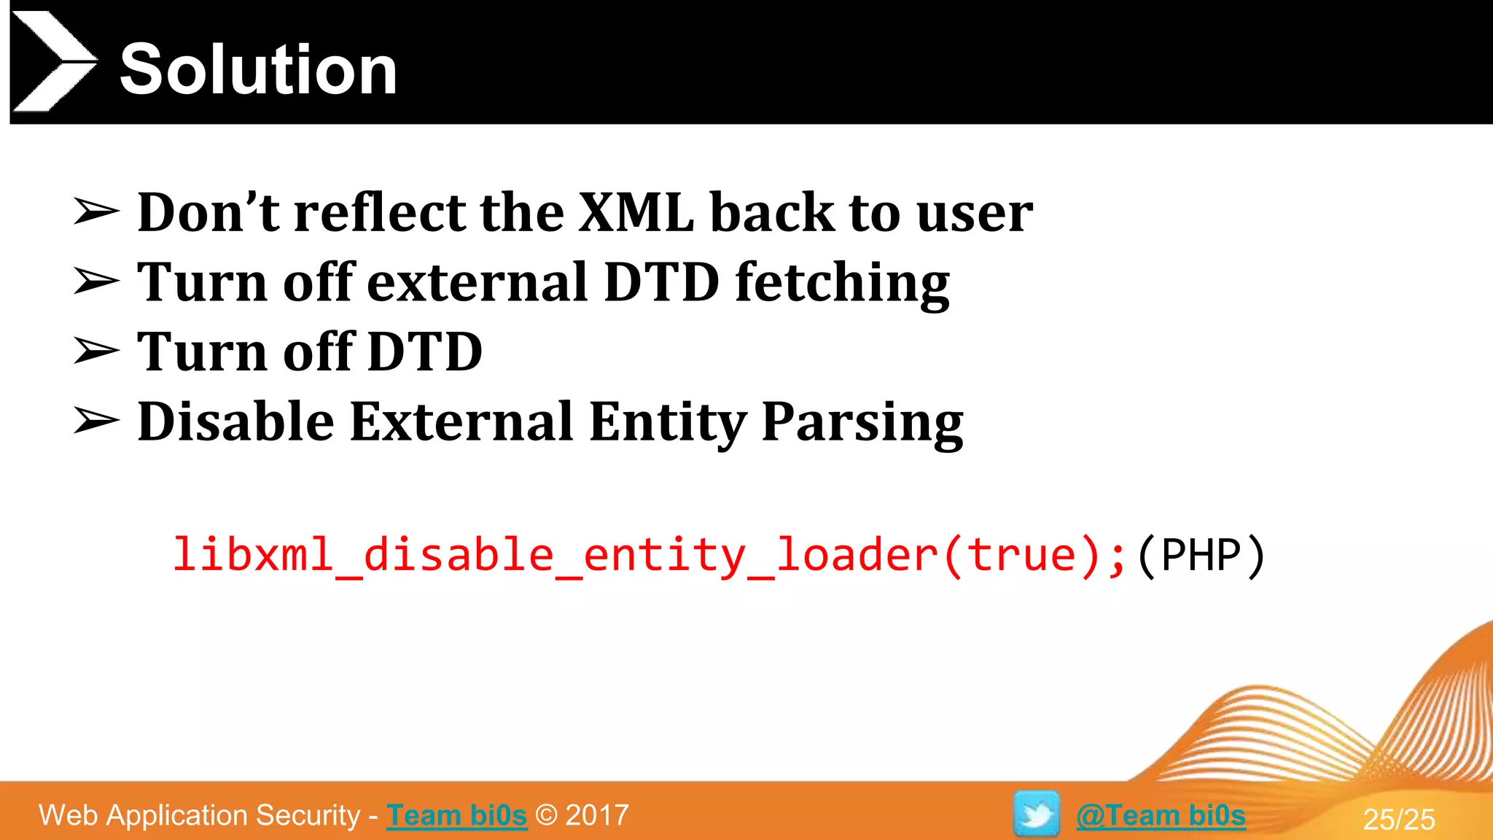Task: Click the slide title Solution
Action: [258, 69]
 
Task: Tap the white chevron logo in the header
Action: [52, 61]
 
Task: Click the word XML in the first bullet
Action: [636, 212]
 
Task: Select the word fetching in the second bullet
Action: [842, 283]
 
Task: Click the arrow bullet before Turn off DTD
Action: [96, 351]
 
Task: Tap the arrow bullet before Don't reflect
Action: [96, 212]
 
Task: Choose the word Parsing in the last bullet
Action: [862, 423]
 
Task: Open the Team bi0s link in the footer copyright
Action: [456, 815]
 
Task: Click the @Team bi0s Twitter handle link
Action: [1161, 815]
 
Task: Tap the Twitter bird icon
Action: [1036, 814]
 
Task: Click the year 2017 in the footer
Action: [597, 815]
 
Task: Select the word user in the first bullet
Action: [974, 212]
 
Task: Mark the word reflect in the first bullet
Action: [379, 212]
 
